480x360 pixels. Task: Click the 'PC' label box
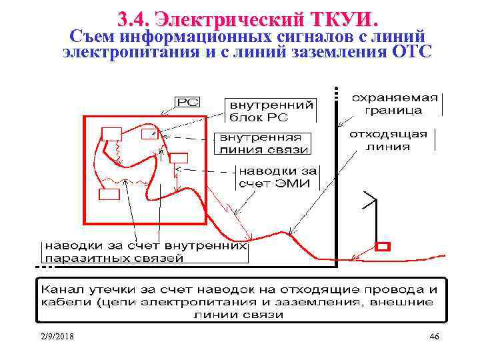(x=187, y=102)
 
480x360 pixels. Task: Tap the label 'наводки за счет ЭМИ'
(x=279, y=177)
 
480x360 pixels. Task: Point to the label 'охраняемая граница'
(x=395, y=103)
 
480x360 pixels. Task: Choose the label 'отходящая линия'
(x=388, y=140)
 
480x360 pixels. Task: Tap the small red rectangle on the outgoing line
(x=382, y=246)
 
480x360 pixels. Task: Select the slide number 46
(x=435, y=337)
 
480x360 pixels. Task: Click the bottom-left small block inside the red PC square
(x=109, y=194)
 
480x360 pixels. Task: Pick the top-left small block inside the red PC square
(x=111, y=132)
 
